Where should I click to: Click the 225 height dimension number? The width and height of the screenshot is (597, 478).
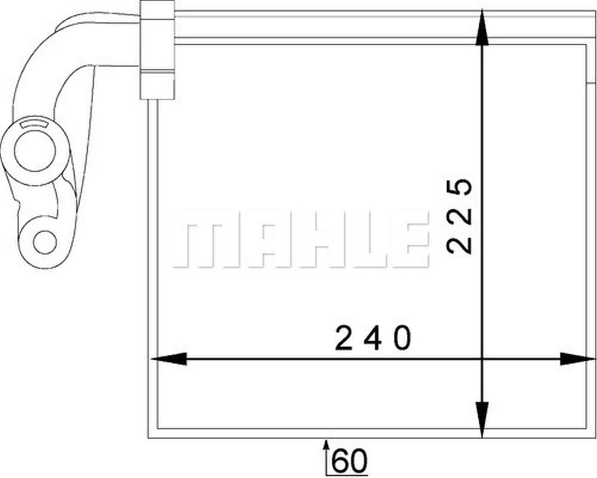tap(459, 216)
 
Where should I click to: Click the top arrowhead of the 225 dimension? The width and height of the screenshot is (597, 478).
tap(482, 30)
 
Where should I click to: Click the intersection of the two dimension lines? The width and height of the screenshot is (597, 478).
tap(482, 359)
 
